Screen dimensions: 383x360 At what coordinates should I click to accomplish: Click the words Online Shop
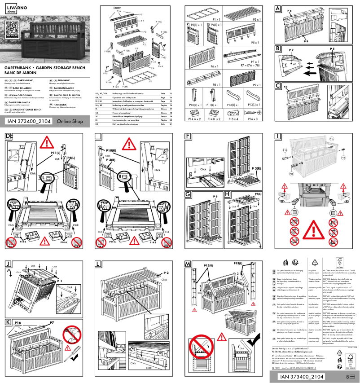pos(70,121)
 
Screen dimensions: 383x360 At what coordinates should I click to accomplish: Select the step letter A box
pos(278,9)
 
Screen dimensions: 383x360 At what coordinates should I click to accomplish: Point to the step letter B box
pos(278,48)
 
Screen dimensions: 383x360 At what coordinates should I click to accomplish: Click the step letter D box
pos(8,136)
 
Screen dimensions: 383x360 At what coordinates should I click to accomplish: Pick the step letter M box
pos(188,264)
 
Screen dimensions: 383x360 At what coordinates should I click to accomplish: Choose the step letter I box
pos(278,136)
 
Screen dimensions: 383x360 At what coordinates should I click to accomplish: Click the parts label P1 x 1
pos(215,20)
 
